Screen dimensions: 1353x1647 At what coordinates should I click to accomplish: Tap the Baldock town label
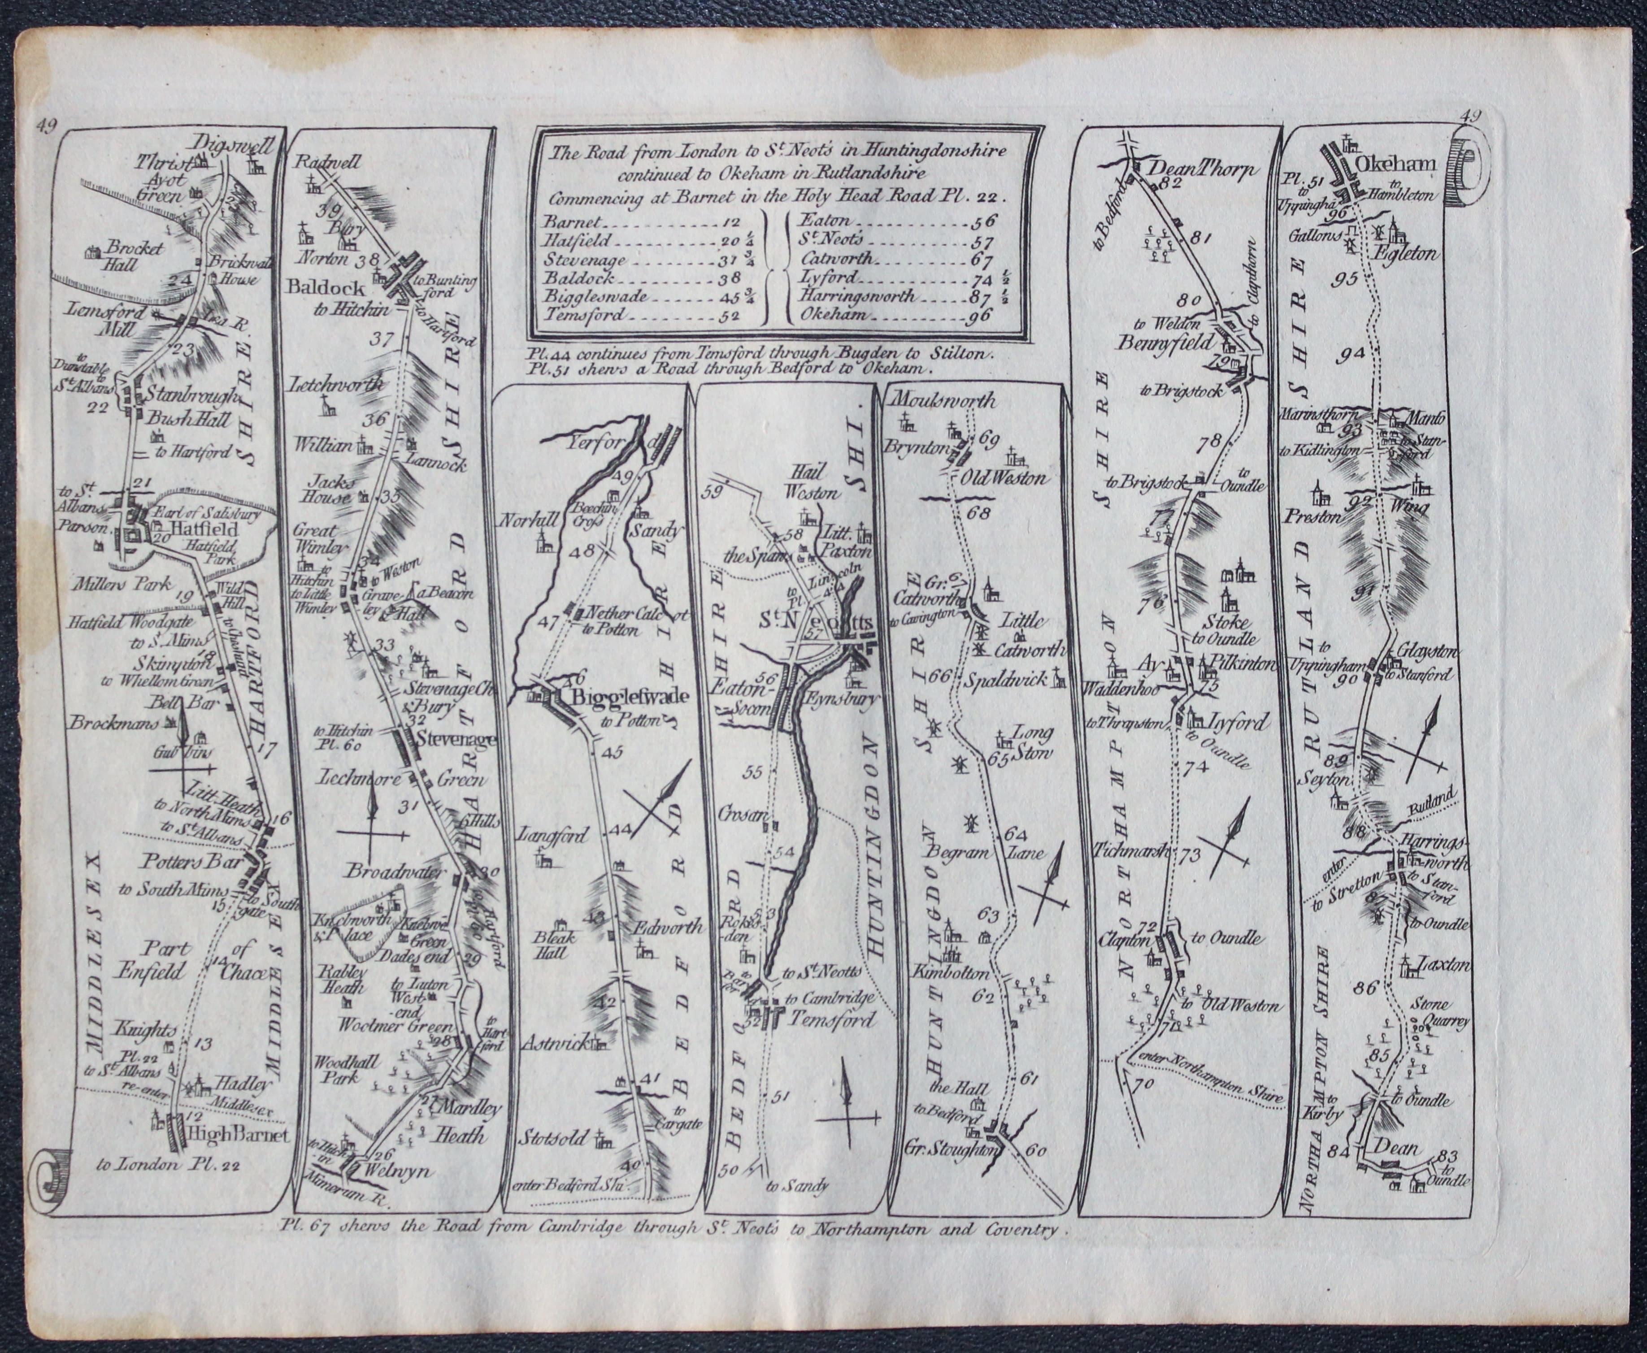coord(326,288)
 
